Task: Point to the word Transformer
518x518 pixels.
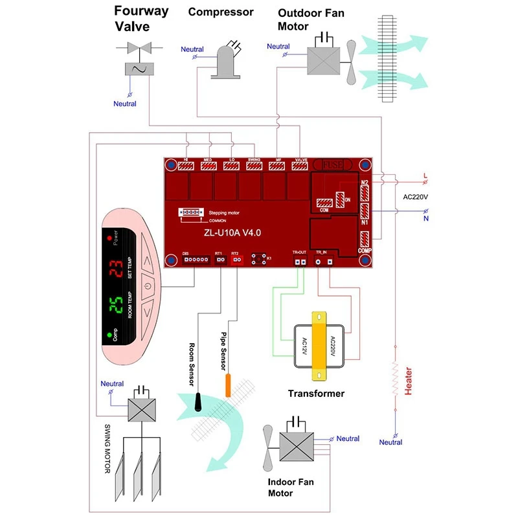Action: (x=316, y=393)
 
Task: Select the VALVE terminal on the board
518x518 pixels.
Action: (x=300, y=166)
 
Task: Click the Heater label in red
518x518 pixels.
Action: (x=408, y=381)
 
